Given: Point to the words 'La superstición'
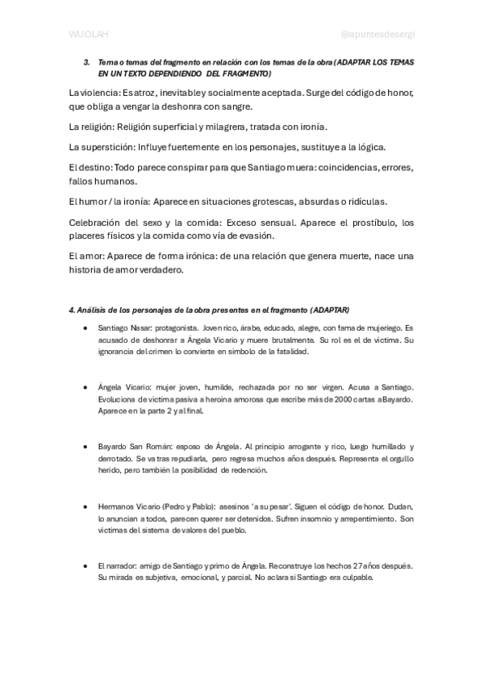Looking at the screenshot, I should tap(101, 147).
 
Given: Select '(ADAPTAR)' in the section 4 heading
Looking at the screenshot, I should tap(331, 310).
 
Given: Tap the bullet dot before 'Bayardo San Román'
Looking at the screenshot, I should tap(86, 446).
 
